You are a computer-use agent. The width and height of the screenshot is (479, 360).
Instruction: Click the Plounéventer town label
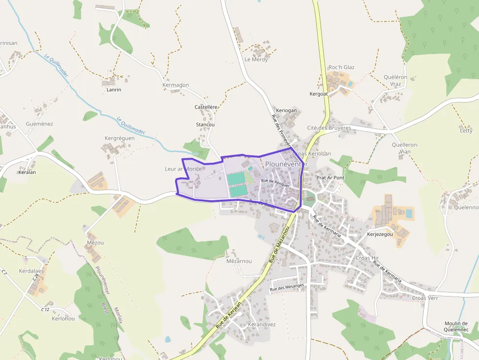(x=286, y=165)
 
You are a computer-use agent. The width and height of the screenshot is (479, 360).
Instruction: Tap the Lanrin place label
(x=113, y=90)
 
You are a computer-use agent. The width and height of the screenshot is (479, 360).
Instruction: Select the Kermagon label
(x=175, y=85)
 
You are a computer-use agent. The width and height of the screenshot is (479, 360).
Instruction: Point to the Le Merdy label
(x=256, y=60)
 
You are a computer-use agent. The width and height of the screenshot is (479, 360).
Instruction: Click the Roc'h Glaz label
(x=341, y=67)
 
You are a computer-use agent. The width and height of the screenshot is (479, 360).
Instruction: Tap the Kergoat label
(x=319, y=94)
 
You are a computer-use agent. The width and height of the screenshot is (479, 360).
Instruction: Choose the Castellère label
(x=206, y=107)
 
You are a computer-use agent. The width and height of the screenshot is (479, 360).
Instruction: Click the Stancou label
(x=205, y=125)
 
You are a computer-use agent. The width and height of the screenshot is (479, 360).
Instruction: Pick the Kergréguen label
(x=119, y=138)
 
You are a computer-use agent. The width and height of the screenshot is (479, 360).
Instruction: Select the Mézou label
(x=95, y=243)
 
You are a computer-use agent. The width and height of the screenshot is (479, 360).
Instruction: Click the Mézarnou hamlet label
(x=239, y=261)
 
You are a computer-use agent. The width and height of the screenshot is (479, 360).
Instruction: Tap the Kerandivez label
(x=261, y=324)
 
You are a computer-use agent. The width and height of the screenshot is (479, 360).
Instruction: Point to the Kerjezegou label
(x=380, y=234)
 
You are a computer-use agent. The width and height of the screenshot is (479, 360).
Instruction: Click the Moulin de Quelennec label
(x=456, y=327)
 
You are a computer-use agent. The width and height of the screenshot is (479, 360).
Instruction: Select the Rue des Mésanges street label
(x=287, y=288)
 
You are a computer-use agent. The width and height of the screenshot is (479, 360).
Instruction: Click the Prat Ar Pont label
(x=330, y=178)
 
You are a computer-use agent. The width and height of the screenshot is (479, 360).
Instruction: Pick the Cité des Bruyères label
(x=329, y=128)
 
